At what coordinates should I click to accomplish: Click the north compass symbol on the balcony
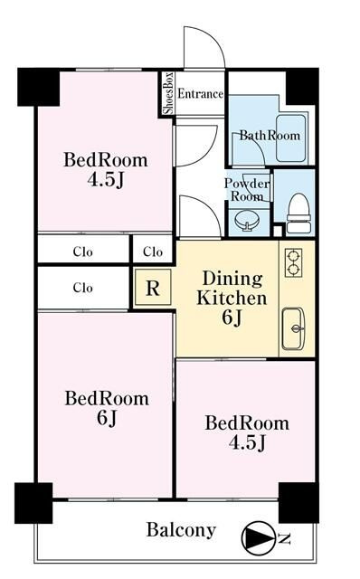[x=258, y=539]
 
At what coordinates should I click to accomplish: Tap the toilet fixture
[x=298, y=214]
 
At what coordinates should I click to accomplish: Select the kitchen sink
[x=293, y=328]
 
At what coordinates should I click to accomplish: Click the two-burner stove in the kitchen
[x=294, y=262]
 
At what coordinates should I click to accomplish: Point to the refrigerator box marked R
[x=153, y=288]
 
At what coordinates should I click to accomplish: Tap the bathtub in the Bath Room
[x=291, y=138]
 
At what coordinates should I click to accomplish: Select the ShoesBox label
[x=168, y=92]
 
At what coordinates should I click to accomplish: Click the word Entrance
[x=201, y=94]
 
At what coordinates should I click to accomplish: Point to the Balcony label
[x=181, y=530]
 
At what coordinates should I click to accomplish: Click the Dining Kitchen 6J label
[x=232, y=298]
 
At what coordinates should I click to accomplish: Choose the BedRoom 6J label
[x=107, y=408]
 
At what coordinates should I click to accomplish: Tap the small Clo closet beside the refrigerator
[x=153, y=252]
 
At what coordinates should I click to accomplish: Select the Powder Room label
[x=247, y=189]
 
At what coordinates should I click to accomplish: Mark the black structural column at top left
[x=38, y=87]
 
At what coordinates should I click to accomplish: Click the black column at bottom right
[x=298, y=502]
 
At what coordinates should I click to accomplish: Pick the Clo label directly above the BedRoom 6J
[x=82, y=288]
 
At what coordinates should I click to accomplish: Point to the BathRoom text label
[x=270, y=135]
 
